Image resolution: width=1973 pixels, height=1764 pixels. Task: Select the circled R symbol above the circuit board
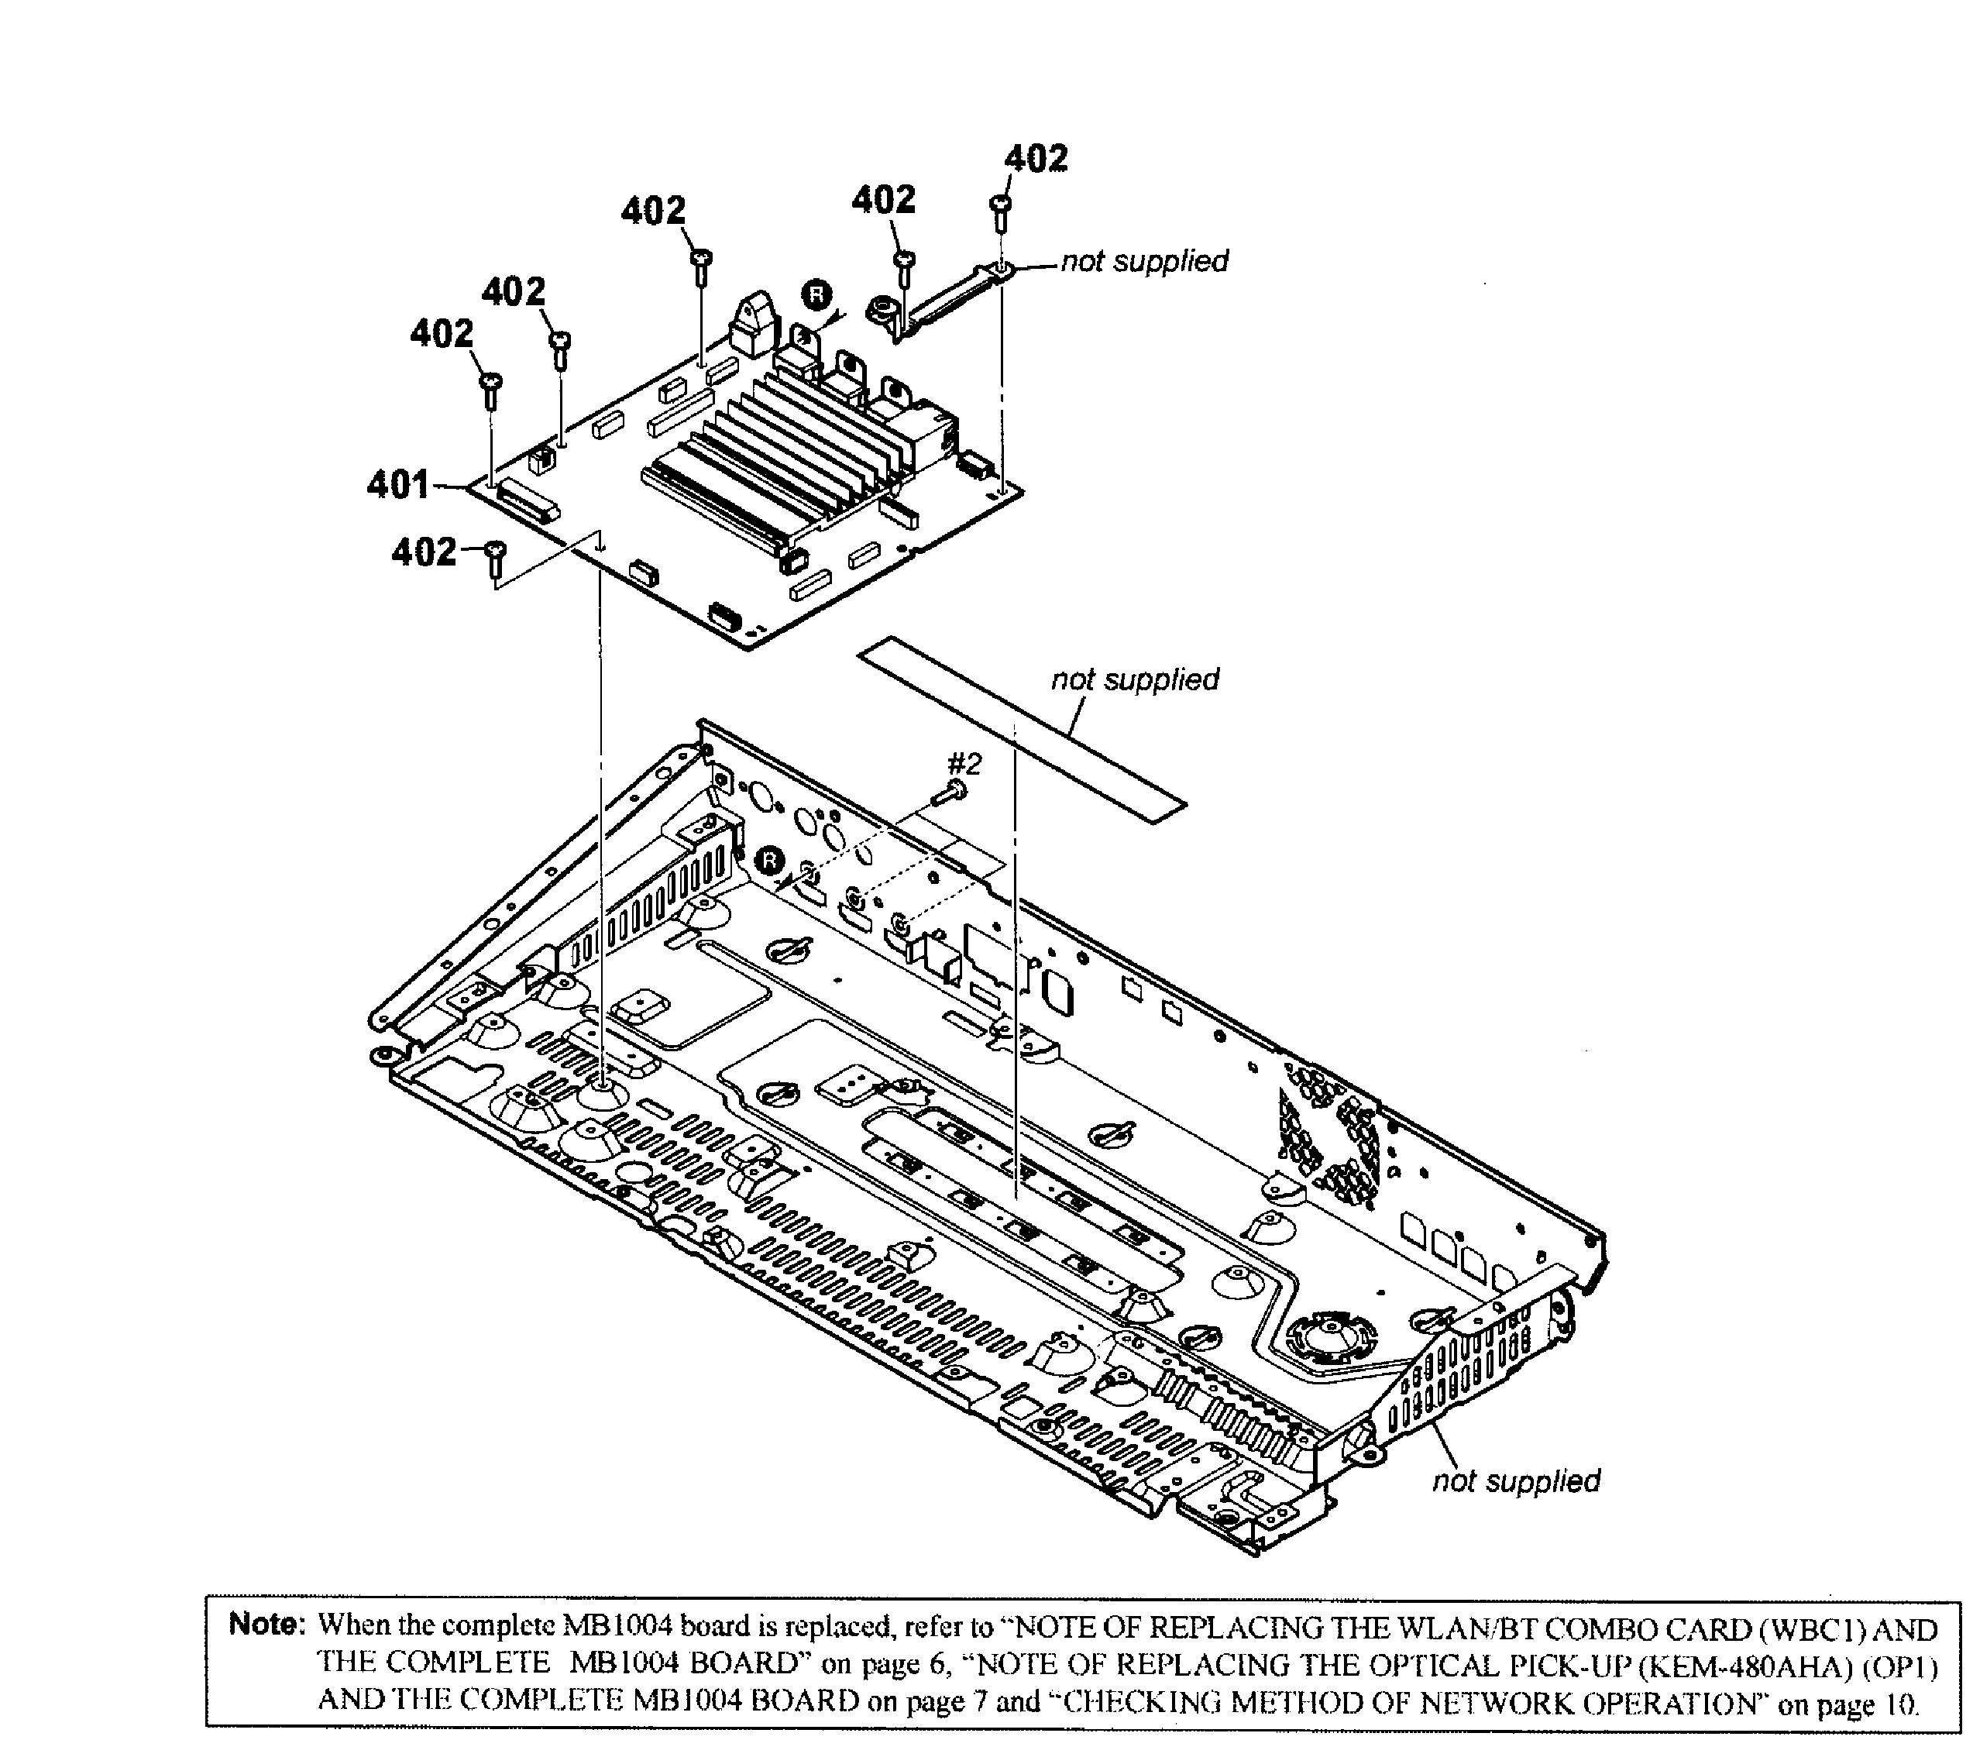[816, 294]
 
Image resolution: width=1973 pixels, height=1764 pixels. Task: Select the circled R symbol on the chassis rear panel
[768, 858]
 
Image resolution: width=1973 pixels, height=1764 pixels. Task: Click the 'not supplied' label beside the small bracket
[1143, 262]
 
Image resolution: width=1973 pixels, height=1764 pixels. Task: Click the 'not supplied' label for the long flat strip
[1135, 679]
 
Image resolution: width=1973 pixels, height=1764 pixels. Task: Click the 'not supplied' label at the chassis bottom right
[1516, 1481]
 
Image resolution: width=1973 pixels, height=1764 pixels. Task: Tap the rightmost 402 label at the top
[1035, 158]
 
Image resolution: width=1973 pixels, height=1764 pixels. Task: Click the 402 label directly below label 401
[424, 552]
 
